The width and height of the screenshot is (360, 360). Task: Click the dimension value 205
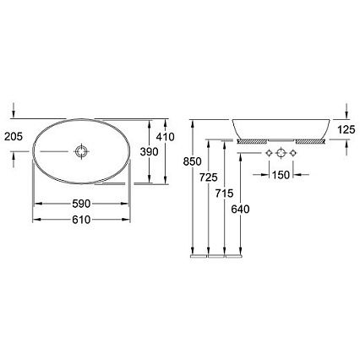(14, 137)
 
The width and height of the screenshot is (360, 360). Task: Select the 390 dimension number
(150, 152)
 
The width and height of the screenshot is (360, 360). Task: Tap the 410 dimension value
(166, 137)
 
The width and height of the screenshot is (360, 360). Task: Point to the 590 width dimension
(81, 204)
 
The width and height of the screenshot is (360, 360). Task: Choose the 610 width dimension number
(81, 220)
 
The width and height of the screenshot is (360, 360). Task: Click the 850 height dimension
(193, 161)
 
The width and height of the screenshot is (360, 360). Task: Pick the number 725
(209, 177)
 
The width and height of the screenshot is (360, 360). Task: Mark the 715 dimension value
(224, 194)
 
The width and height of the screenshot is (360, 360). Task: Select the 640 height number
(240, 210)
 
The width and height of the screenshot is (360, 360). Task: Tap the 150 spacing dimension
(281, 175)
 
